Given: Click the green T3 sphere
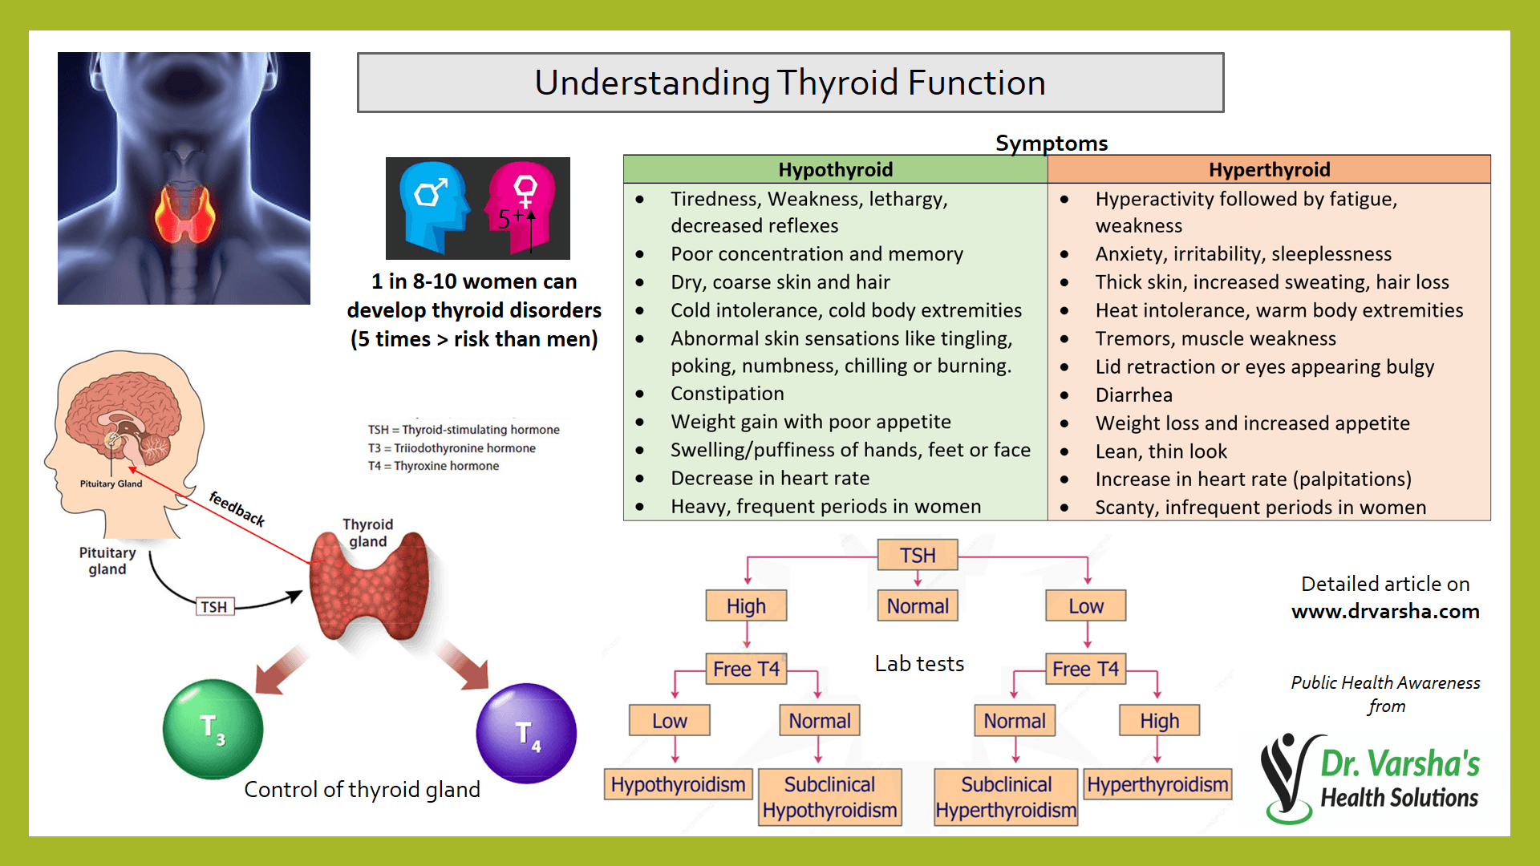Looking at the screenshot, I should point(213,729).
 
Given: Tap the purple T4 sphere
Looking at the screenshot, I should point(526,733).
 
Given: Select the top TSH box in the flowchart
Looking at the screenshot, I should point(918,555).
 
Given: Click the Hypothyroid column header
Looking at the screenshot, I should point(835,169).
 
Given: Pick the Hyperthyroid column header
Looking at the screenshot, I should point(1269,169).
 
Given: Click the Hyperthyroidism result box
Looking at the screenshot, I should point(1157,784).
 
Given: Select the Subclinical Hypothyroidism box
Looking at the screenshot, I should point(829,797).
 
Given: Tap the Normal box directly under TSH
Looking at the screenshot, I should point(918,606).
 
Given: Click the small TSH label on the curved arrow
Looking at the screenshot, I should point(214,607).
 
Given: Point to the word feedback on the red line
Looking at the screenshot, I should point(237,508).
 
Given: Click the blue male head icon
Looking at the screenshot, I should point(434,207).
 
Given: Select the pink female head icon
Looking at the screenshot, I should point(522,207).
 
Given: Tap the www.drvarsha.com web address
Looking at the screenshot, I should point(1385,611).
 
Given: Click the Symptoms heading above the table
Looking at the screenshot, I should point(1051,143).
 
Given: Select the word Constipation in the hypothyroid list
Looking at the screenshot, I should point(727,394).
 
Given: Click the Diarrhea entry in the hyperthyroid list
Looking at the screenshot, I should point(1133,395).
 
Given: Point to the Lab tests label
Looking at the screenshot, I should point(919,664).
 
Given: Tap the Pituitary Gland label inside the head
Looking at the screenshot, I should point(111,484).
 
